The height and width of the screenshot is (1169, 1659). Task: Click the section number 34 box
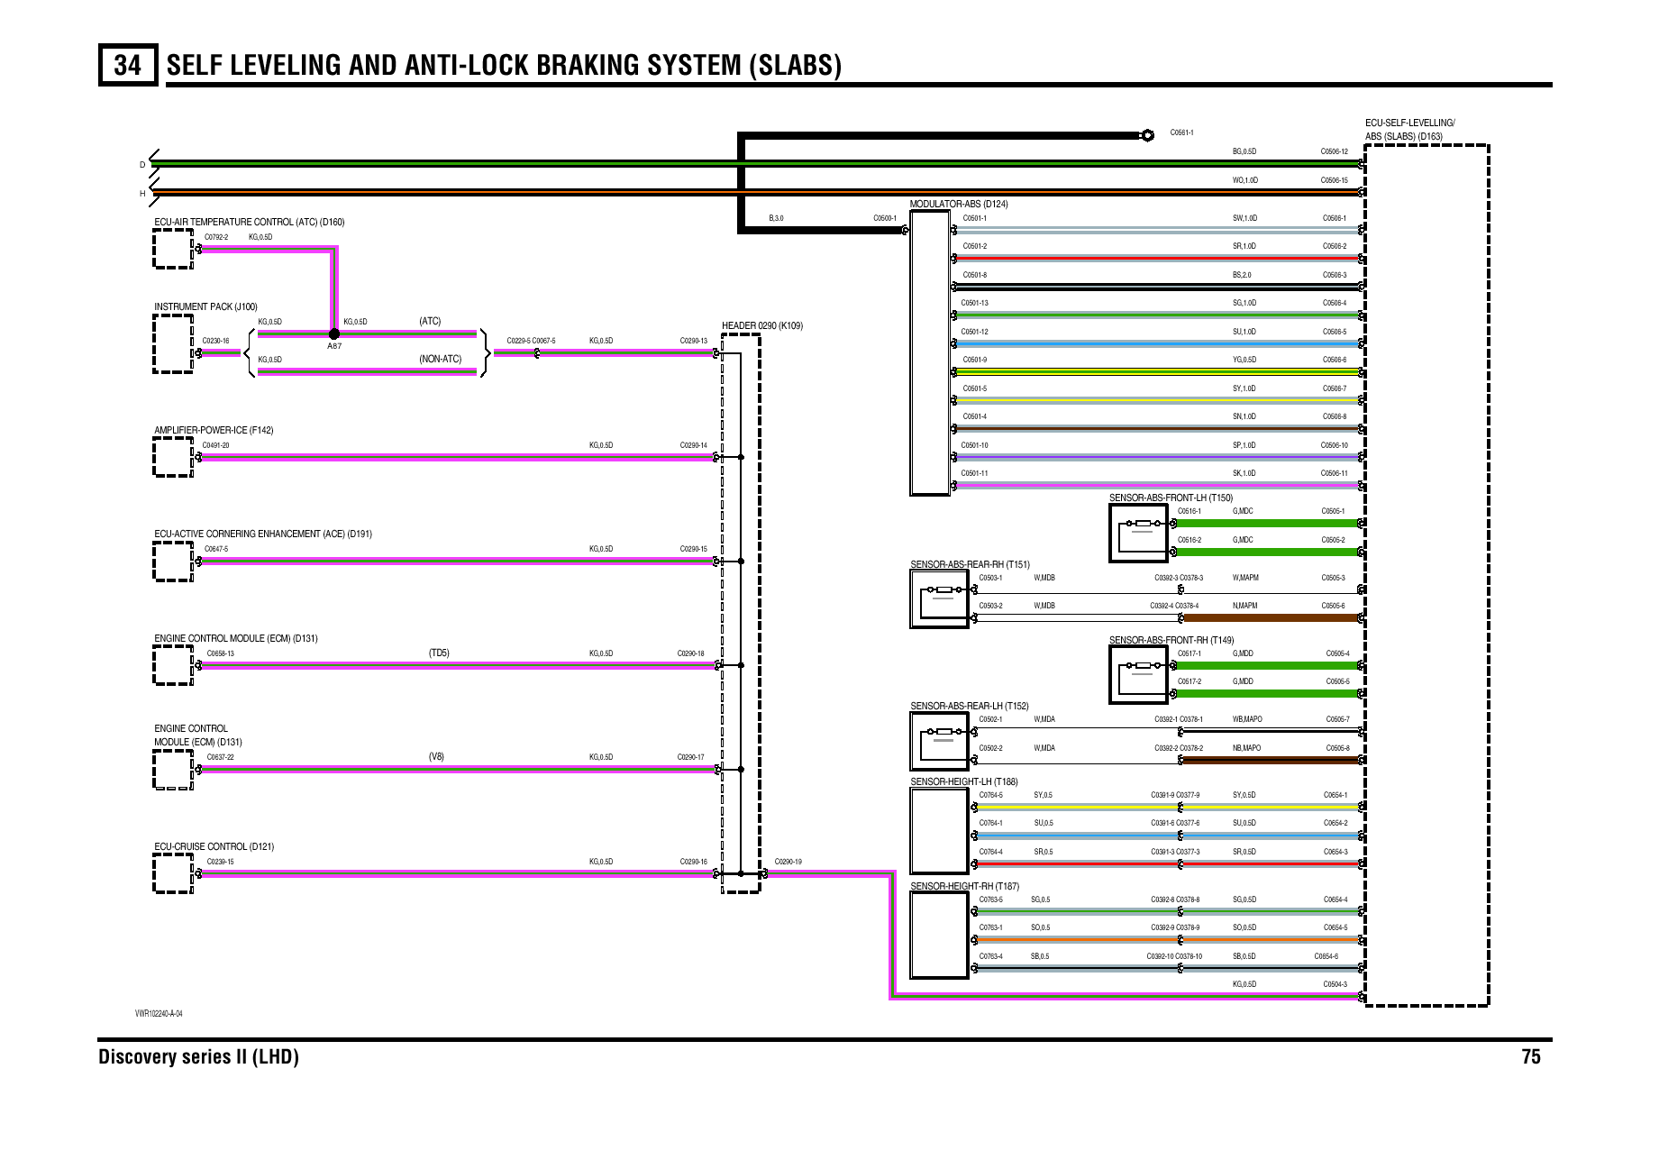pyautogui.click(x=127, y=65)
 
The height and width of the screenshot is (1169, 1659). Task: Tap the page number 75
pyautogui.click(x=1530, y=1057)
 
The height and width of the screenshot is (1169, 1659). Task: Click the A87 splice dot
pyautogui.click(x=334, y=333)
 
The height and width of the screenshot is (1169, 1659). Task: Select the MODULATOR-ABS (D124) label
pyautogui.click(x=959, y=205)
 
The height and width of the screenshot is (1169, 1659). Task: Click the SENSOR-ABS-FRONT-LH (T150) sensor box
pyautogui.click(x=1139, y=533)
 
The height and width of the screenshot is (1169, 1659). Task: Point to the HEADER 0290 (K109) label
pyautogui.click(x=761, y=325)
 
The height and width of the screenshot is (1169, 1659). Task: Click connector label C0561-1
pyautogui.click(x=1181, y=132)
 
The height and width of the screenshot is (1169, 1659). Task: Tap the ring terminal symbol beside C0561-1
pyautogui.click(x=1147, y=135)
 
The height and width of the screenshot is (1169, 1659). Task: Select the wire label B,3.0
pyautogui.click(x=776, y=218)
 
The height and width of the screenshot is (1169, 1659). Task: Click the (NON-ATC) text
pyautogui.click(x=440, y=359)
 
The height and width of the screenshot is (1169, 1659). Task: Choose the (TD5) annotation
pyautogui.click(x=439, y=653)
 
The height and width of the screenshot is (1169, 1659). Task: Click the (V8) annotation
pyautogui.click(x=436, y=756)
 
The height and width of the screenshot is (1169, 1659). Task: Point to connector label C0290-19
pyautogui.click(x=788, y=862)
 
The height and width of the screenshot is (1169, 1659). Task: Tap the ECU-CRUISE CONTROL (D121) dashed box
pyautogui.click(x=172, y=873)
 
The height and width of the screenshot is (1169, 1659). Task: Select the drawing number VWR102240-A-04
pyautogui.click(x=159, y=1013)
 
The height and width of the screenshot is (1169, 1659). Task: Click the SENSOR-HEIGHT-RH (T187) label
pyautogui.click(x=964, y=886)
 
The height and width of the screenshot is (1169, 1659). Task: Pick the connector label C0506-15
pyautogui.click(x=1334, y=180)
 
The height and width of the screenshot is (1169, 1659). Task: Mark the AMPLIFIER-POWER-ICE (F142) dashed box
pyautogui.click(x=172, y=457)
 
